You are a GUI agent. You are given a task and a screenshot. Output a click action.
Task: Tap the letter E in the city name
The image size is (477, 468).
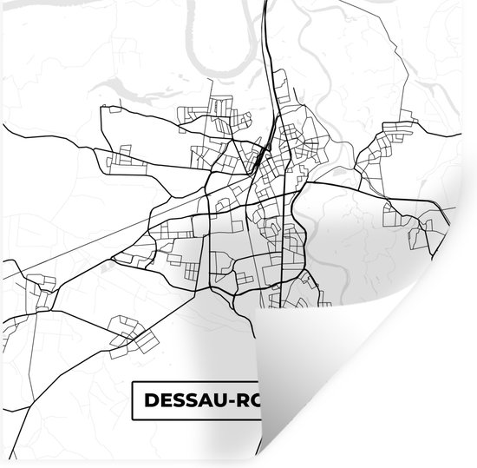(160, 401)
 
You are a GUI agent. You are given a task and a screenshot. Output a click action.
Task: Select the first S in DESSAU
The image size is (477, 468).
(175, 401)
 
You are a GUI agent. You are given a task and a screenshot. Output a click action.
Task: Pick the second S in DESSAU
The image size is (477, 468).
(190, 401)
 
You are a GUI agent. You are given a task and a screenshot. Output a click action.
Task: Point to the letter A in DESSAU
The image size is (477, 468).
(206, 401)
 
